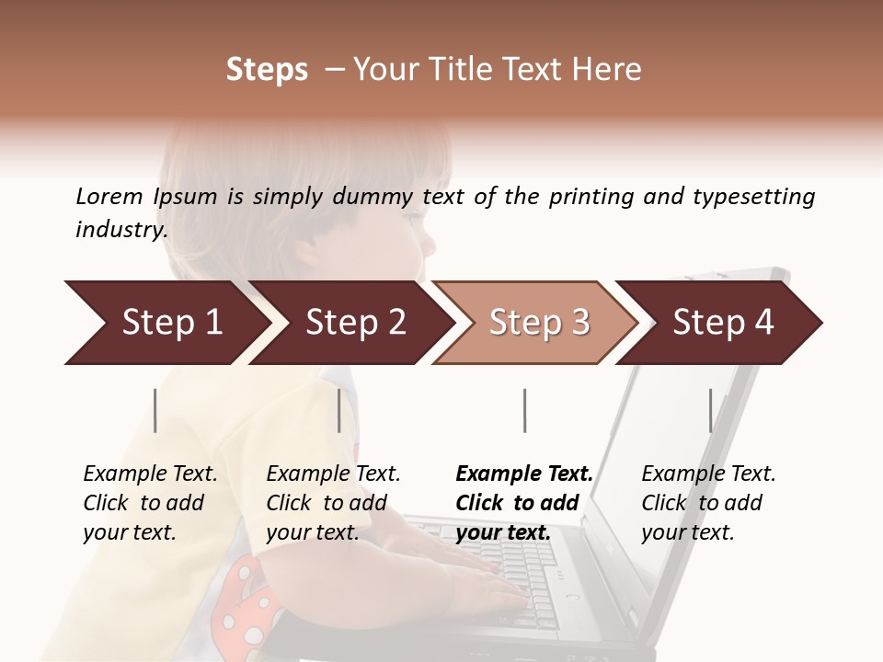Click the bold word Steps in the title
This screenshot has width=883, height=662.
267,70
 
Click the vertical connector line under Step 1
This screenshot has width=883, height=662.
155,410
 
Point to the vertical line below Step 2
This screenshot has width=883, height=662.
339,410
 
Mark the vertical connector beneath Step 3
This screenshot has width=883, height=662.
524,410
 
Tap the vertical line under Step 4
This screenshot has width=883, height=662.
710,410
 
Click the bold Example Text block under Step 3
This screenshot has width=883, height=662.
524,503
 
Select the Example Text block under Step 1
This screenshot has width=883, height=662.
150,503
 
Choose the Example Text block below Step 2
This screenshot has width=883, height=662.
333,503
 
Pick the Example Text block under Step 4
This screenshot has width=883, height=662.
708,503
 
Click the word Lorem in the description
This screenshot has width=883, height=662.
109,196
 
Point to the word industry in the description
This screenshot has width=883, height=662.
121,230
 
